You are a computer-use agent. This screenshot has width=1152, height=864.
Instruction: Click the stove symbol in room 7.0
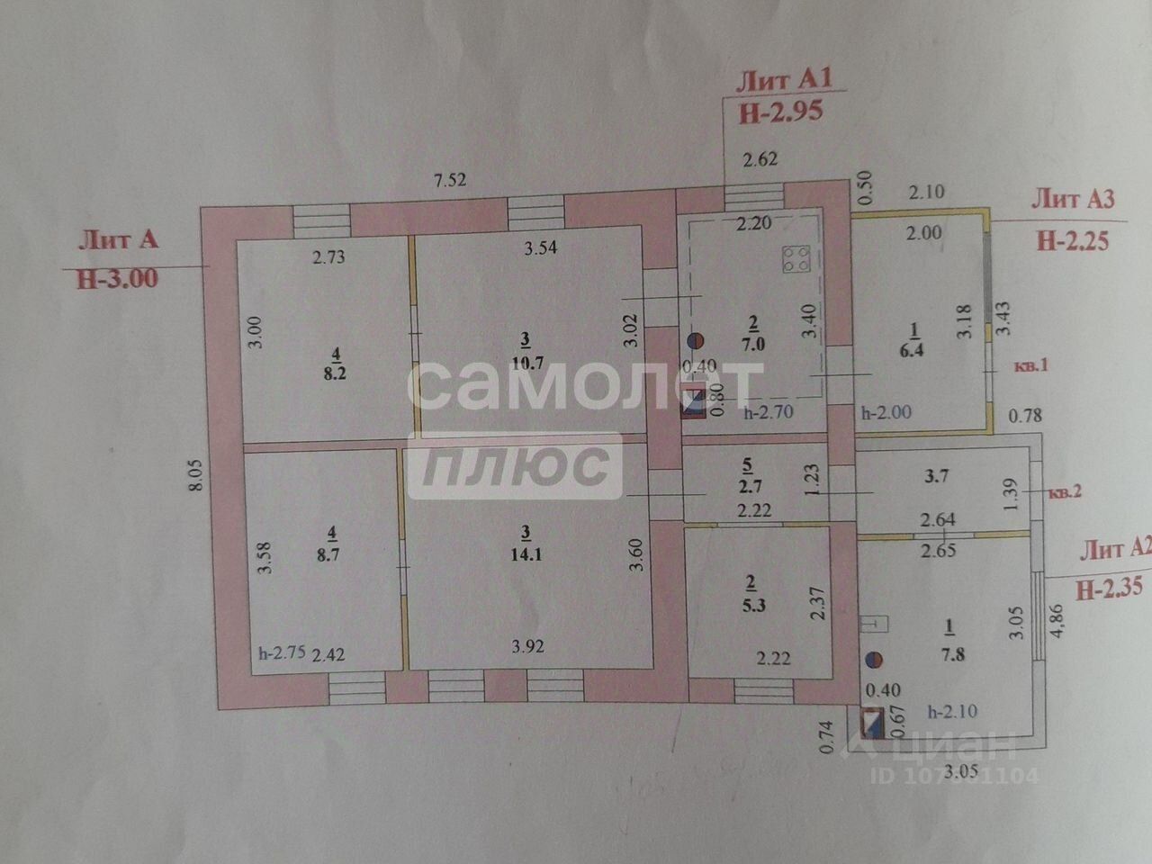click(795, 259)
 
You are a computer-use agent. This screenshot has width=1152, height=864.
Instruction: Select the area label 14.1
click(525, 555)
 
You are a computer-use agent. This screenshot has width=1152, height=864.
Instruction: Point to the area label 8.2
click(336, 373)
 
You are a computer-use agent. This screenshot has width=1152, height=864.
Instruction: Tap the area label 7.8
click(952, 655)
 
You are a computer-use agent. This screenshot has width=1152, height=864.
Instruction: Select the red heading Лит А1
click(783, 80)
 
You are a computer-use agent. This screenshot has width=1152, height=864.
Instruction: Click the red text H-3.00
click(118, 278)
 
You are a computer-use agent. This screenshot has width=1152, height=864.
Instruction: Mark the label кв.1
click(1032, 366)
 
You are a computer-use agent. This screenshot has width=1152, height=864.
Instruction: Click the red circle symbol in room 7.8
click(872, 660)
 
